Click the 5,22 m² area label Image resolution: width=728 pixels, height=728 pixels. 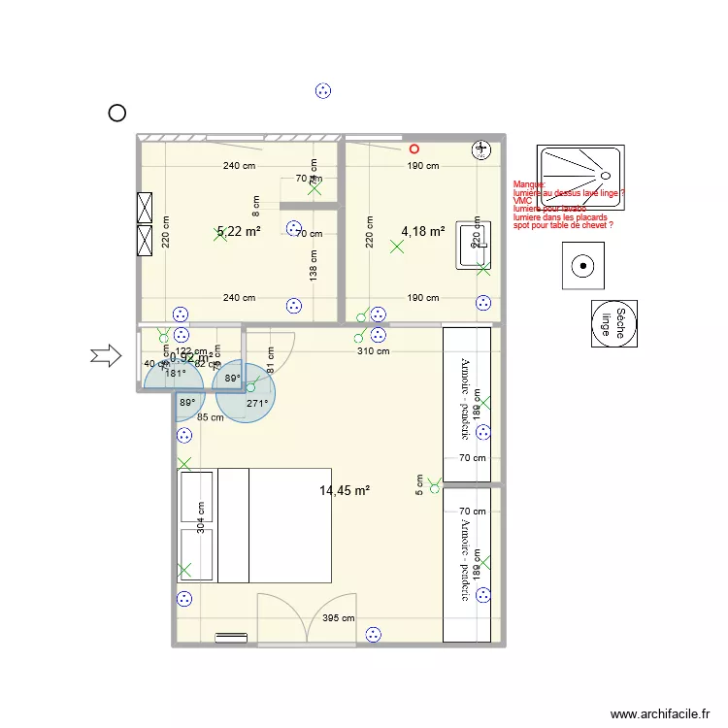pos(239,232)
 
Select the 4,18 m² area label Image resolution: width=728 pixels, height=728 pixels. pos(423,231)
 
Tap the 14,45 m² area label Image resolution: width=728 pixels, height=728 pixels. pos(345,491)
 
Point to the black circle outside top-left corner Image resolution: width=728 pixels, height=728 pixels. pos(116,114)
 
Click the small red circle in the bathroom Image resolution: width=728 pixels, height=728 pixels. pos(414,149)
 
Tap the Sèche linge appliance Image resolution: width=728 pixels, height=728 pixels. pos(616,323)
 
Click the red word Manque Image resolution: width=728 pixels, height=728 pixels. pos(530,184)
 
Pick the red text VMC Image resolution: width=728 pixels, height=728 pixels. pos(523,201)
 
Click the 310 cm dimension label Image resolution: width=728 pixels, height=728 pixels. pos(372,351)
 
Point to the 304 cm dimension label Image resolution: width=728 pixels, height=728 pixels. pos(201,518)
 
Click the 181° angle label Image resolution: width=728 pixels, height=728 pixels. pos(175,373)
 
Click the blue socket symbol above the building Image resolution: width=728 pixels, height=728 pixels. pos(323,91)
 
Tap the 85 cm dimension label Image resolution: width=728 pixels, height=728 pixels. pos(211,418)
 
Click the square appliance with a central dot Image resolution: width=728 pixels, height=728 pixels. pos(584,265)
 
